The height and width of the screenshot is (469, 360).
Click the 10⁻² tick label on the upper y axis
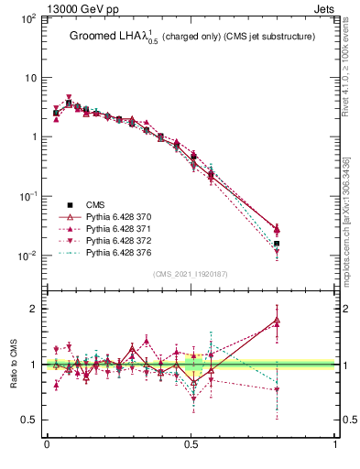point(27,256)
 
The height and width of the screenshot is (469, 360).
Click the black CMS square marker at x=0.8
point(278,244)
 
